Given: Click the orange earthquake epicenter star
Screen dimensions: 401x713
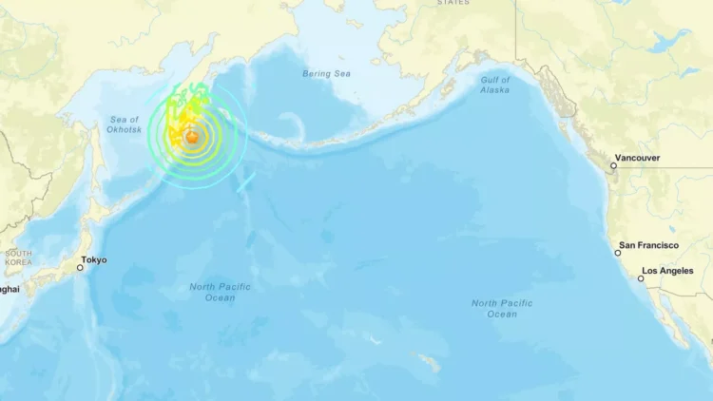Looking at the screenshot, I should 193,138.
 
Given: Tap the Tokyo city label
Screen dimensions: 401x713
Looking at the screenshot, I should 94,259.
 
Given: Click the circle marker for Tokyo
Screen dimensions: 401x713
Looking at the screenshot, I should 80,268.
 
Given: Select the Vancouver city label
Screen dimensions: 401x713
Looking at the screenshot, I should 637,158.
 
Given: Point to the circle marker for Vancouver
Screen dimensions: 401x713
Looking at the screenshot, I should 613,166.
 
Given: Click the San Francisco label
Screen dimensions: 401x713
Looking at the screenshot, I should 648,245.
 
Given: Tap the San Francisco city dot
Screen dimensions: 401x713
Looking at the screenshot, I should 615,253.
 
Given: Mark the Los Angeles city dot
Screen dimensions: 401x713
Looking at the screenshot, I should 641,278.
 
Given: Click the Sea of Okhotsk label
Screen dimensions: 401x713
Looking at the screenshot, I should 125,124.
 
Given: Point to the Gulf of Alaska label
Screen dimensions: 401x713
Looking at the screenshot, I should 494,86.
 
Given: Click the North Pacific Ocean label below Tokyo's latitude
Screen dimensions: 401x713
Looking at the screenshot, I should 220,292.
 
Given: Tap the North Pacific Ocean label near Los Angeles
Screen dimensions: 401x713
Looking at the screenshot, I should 503,308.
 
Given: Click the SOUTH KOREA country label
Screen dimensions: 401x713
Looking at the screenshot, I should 17,257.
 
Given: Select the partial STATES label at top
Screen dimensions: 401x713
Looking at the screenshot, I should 453,3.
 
